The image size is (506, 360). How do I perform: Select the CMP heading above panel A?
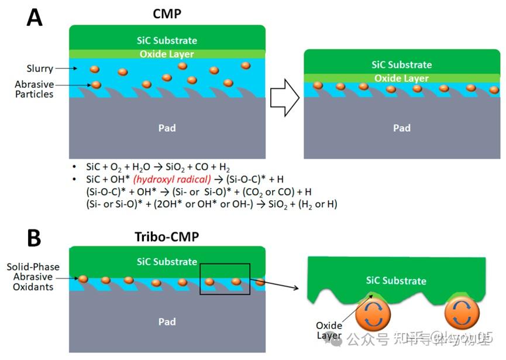pyautogui.click(x=167, y=13)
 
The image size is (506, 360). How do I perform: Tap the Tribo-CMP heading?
pyautogui.click(x=167, y=236)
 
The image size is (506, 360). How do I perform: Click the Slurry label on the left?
pyautogui.click(x=40, y=68)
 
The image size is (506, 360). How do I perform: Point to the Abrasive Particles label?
pyautogui.click(x=34, y=90)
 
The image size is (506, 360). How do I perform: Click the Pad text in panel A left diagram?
pyautogui.click(x=167, y=128)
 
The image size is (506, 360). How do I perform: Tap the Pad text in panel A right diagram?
pyautogui.click(x=402, y=128)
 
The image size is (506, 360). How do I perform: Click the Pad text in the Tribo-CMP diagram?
pyautogui.click(x=167, y=321)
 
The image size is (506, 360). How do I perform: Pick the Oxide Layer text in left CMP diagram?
pyautogui.click(x=167, y=54)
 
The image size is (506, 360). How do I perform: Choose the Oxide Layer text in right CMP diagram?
pyautogui.click(x=402, y=78)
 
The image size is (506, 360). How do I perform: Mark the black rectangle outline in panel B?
pyautogui.click(x=225, y=279)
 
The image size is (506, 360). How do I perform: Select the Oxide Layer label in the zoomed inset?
pyautogui.click(x=329, y=330)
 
